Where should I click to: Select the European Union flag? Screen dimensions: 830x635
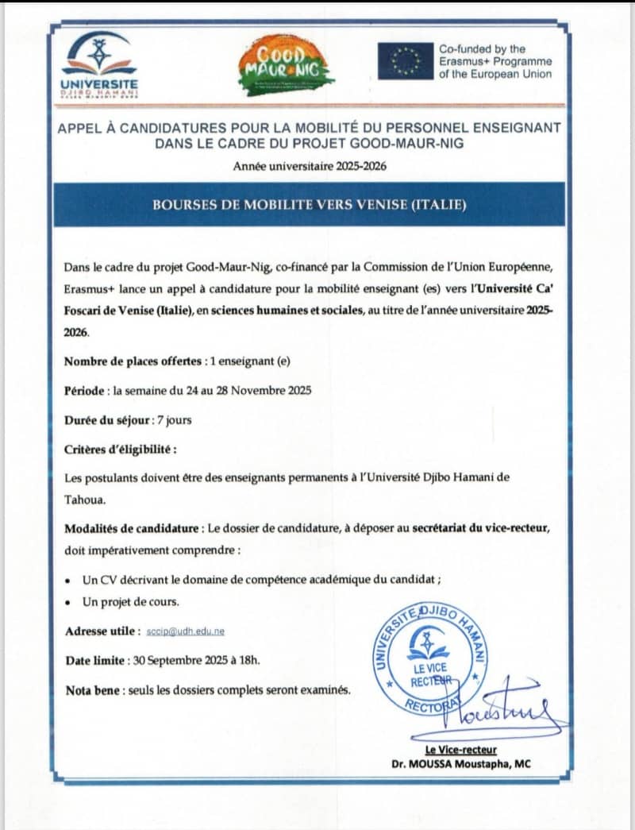405,61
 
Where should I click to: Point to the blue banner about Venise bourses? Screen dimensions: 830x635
310,204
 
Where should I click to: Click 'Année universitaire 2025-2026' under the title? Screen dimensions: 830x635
310,166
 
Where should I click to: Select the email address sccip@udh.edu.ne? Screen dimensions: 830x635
185,631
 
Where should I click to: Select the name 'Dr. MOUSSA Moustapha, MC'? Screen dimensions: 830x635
460,764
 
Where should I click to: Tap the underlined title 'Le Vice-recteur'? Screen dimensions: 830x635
460,751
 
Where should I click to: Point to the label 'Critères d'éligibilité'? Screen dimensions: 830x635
120,449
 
